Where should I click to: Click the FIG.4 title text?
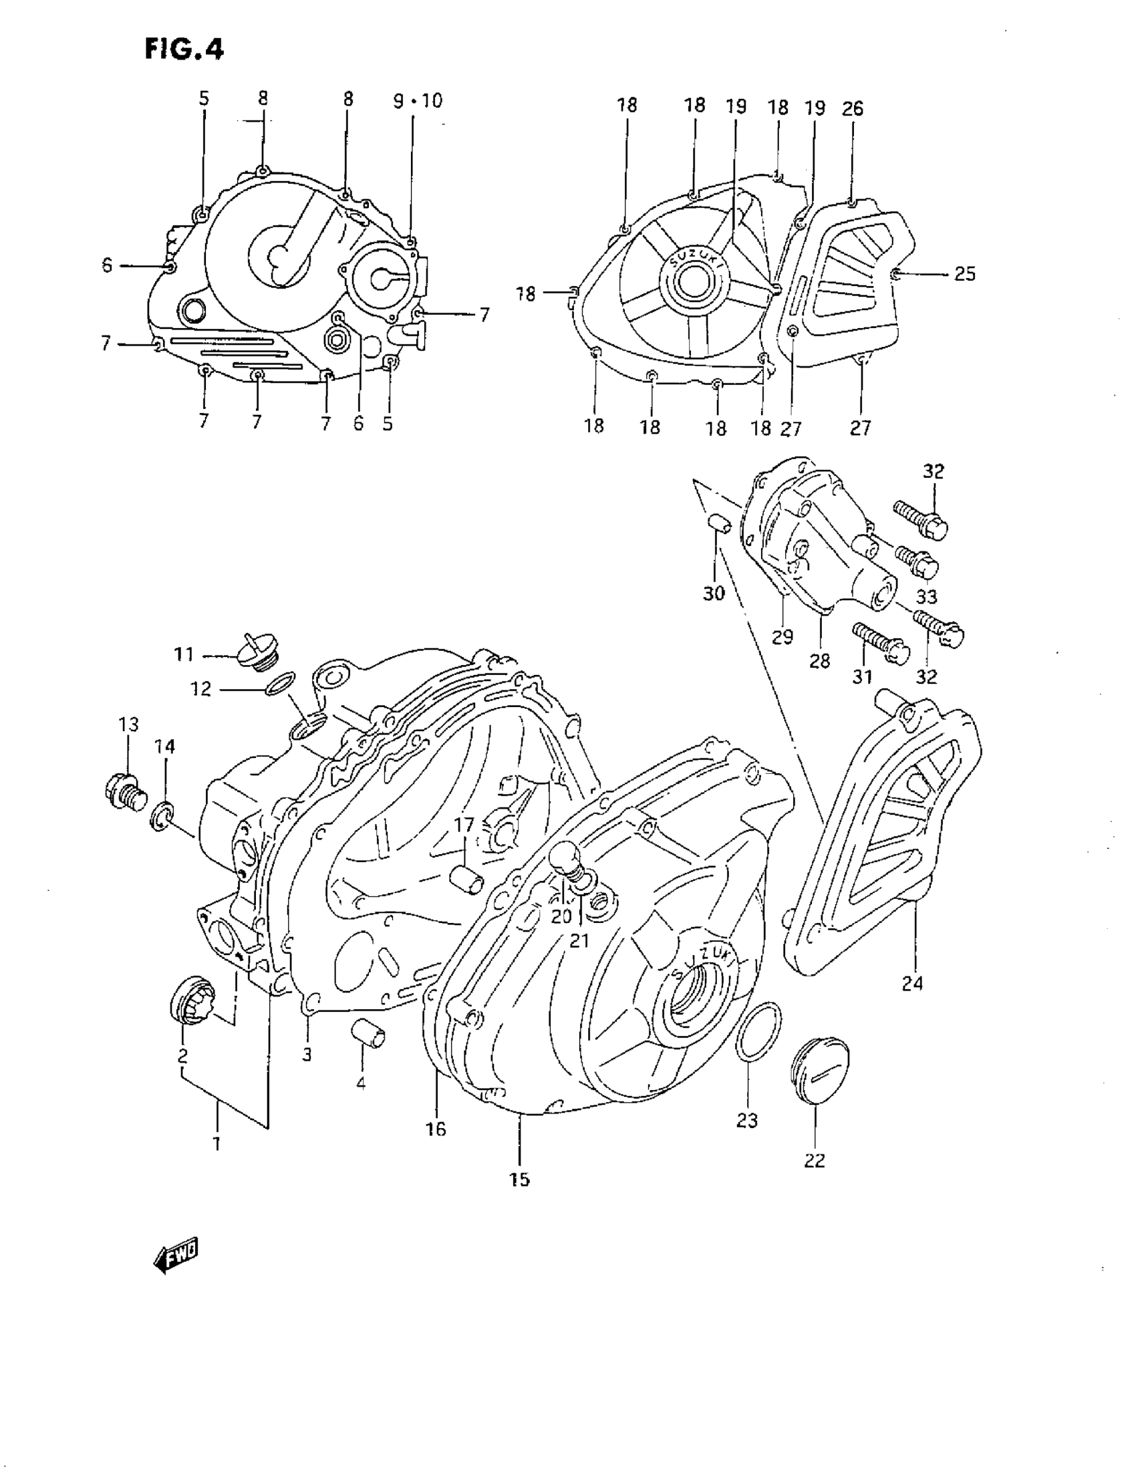(x=184, y=50)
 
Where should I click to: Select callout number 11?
(x=184, y=654)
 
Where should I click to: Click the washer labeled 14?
(x=162, y=816)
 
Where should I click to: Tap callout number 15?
(x=520, y=1179)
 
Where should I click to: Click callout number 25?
(x=965, y=274)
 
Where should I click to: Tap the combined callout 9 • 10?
(x=418, y=102)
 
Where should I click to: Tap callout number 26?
(x=853, y=108)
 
